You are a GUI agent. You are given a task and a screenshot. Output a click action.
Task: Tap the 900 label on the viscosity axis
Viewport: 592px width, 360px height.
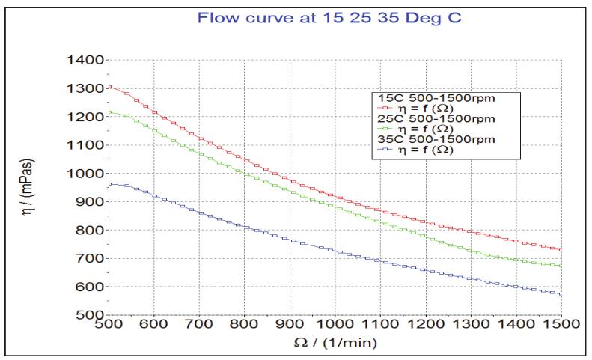[88, 202]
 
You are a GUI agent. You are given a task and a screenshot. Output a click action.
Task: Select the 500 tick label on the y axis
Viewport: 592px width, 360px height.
[88, 315]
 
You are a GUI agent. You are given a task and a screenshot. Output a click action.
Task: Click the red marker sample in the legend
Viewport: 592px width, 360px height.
[388, 108]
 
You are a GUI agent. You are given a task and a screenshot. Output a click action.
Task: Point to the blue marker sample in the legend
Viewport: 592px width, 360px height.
[388, 150]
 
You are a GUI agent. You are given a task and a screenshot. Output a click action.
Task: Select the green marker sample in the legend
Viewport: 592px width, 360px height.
[388, 129]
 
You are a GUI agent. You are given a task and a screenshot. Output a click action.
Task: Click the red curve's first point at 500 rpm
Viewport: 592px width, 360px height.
[109, 87]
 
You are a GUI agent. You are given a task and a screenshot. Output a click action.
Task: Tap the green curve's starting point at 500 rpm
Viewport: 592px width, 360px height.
[109, 112]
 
